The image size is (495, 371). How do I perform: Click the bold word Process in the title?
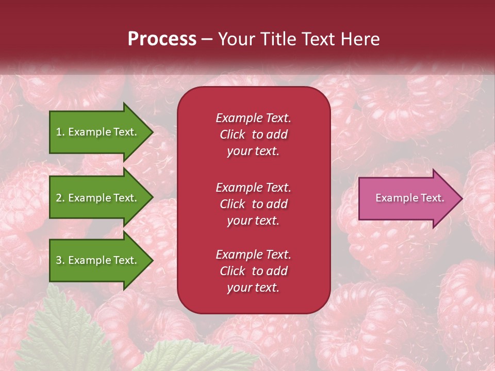[x=162, y=39]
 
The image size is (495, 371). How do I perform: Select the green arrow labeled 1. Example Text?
[x=98, y=132]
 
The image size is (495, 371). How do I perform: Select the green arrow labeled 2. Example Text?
[x=98, y=198]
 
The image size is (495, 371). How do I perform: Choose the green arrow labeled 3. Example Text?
[x=98, y=260]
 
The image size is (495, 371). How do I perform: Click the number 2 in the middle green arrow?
[x=59, y=198]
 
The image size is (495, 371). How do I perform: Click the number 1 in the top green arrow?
[x=59, y=132]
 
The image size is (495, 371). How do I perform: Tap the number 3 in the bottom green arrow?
[x=59, y=260]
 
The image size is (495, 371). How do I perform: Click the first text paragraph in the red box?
[x=253, y=134]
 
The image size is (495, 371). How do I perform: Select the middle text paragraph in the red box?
[x=253, y=204]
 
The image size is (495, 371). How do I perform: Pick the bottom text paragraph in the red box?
[x=253, y=271]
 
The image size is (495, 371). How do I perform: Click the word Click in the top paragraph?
[x=232, y=134]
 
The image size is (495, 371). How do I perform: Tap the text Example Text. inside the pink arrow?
[x=409, y=198]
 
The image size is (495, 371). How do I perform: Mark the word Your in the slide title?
[x=235, y=39]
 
